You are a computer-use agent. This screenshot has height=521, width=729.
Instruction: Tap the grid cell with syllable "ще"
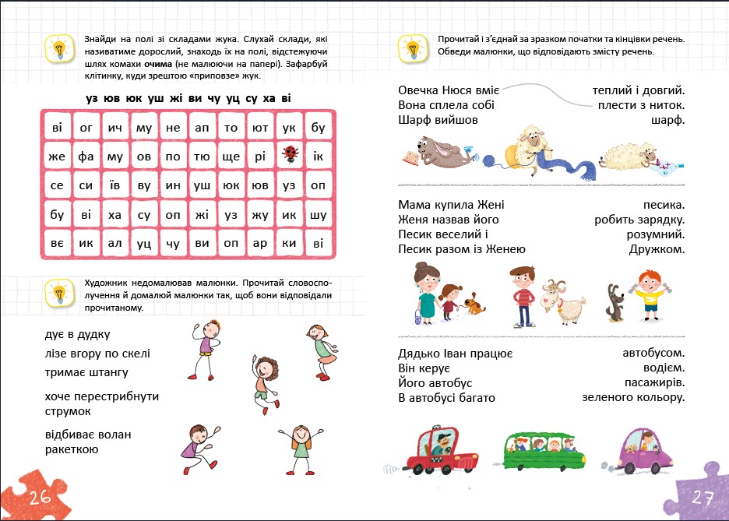(231, 157)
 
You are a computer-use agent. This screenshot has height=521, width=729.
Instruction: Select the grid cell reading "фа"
(86, 157)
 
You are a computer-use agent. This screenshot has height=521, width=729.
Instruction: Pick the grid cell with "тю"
(202, 157)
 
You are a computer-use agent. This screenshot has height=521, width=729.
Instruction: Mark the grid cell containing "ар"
(260, 243)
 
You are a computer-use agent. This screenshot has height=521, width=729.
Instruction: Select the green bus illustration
(543, 451)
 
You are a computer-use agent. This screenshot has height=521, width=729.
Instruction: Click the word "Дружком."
(657, 249)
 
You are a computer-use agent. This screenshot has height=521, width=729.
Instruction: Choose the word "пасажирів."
(654, 383)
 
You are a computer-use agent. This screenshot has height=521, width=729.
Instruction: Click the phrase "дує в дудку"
(78, 334)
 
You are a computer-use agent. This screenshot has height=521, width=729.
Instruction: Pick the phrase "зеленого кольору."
(633, 398)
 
